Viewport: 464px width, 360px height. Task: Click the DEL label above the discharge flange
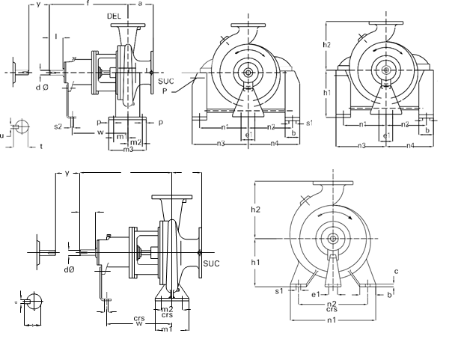click(x=114, y=16)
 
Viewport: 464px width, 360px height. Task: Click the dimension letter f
click(x=88, y=4)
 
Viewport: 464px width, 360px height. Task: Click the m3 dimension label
click(x=129, y=150)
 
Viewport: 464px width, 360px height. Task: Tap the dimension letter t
click(x=40, y=147)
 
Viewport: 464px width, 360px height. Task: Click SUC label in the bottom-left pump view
click(x=212, y=263)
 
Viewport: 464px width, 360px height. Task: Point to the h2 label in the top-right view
click(x=327, y=45)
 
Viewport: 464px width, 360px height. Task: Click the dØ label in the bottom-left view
click(x=69, y=269)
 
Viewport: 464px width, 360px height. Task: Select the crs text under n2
click(x=331, y=308)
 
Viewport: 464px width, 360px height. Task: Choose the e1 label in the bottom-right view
click(x=316, y=294)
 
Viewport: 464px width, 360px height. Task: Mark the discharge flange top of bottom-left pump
click(x=171, y=197)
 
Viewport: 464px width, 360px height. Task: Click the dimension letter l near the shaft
click(x=56, y=36)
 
